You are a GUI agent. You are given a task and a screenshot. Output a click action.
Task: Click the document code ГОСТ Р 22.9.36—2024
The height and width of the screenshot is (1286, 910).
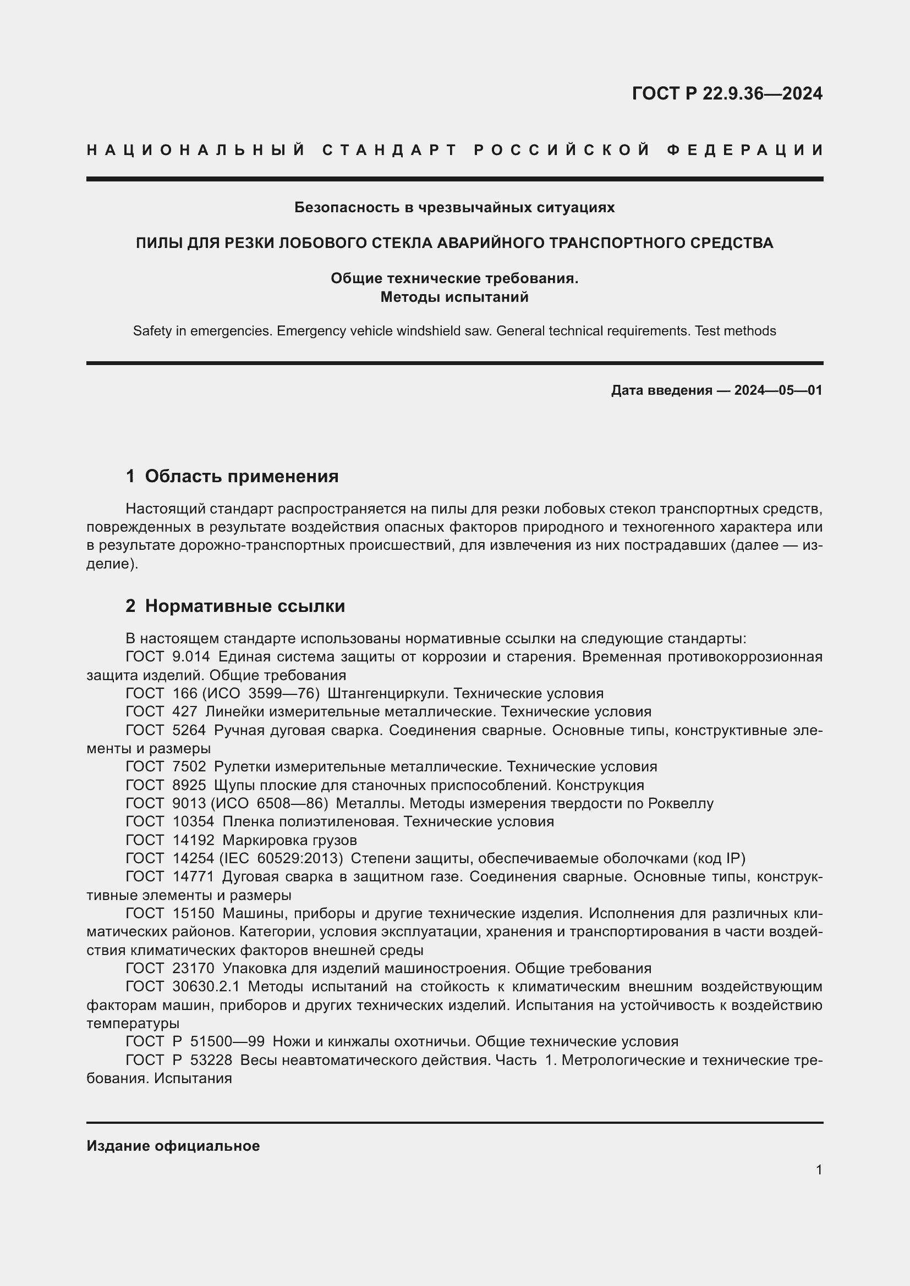pos(727,93)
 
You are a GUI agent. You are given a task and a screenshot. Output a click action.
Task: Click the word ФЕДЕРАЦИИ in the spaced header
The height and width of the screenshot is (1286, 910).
pos(745,150)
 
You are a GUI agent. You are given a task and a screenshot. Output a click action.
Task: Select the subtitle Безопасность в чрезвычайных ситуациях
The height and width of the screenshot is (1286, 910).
pos(454,208)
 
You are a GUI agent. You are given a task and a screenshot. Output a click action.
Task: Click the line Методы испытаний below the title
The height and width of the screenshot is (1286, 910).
pos(454,297)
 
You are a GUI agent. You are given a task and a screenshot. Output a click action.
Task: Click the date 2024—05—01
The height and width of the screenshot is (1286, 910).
pos(778,390)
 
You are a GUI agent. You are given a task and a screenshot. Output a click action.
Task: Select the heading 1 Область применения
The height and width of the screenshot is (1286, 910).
pos(232,477)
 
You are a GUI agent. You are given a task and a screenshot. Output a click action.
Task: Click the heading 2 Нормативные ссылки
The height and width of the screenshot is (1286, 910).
pos(235,606)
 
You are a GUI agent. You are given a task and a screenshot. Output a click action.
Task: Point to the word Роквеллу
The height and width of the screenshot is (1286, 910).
pos(680,803)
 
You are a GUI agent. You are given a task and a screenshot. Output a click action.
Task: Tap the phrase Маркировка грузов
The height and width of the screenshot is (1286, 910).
pos(289,840)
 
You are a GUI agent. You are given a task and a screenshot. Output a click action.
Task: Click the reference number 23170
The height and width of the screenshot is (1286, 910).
pos(193,968)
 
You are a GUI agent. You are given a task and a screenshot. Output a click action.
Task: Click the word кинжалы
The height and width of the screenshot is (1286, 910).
pos(354,1041)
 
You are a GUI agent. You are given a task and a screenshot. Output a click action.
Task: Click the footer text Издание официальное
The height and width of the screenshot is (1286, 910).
pos(173,1146)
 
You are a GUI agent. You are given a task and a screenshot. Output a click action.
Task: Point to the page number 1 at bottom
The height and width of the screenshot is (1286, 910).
pos(819,1169)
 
